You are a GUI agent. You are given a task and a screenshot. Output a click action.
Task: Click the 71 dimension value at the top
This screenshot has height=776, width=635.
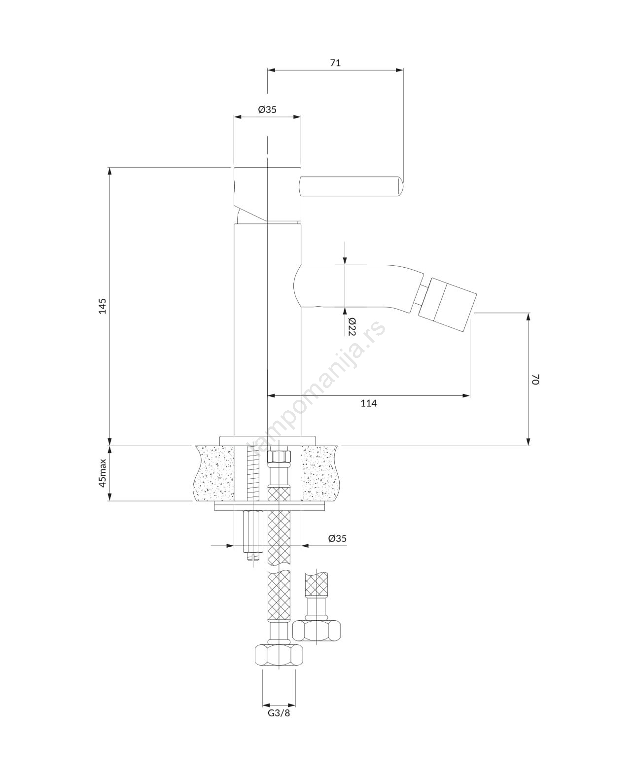coord(335,63)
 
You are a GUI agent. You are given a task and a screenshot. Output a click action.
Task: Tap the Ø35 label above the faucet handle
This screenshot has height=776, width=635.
coord(267,110)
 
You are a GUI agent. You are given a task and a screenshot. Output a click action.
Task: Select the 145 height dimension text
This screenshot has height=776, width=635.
coord(103,306)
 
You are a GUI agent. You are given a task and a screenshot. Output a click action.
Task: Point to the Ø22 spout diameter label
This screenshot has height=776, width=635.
coord(352,326)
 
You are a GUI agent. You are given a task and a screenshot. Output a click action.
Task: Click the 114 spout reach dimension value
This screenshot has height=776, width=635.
coord(368,403)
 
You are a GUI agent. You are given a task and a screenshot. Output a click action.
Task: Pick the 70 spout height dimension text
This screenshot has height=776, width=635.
coord(535,380)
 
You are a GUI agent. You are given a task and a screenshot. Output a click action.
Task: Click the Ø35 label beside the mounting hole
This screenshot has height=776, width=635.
coord(337,538)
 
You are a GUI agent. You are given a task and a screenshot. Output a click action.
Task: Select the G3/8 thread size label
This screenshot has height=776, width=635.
coord(279,713)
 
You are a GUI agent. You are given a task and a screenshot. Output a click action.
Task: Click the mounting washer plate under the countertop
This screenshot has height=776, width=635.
coord(270,507)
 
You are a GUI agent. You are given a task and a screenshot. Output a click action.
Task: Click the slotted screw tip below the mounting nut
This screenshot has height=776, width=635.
coord(253,558)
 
